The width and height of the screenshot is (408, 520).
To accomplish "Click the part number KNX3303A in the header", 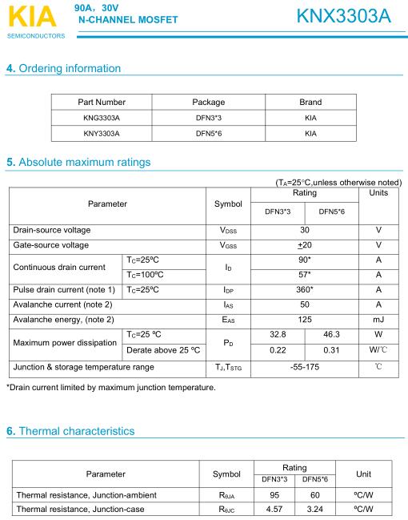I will point(343,16).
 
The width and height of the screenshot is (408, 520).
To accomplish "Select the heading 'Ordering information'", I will point(63,68).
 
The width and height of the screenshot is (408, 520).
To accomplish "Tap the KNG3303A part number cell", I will point(102,118).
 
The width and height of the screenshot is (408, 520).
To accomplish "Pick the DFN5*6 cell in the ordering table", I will point(208,133).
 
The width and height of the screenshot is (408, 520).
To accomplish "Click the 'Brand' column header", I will point(310,103).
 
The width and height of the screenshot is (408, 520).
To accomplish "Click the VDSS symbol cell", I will point(228,230).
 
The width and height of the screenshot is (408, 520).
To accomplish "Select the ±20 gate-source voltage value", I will point(304,245).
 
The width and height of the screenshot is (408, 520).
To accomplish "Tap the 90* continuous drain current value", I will point(304,260).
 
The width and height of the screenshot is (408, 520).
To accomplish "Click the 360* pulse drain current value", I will point(304,289).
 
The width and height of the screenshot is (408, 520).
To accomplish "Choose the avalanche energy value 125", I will point(304,320).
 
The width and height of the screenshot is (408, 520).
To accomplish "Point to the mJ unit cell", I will point(378,320).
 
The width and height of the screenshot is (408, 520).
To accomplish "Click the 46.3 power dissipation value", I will point(331,335).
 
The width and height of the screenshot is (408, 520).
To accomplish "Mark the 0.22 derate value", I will point(278,350).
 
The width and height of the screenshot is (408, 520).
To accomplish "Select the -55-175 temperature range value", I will point(304,367).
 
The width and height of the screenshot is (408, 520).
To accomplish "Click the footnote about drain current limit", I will point(110,388).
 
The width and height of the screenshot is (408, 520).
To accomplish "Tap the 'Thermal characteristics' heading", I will point(71,431).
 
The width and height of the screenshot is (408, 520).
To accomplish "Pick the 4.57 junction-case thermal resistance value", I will point(274,508).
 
